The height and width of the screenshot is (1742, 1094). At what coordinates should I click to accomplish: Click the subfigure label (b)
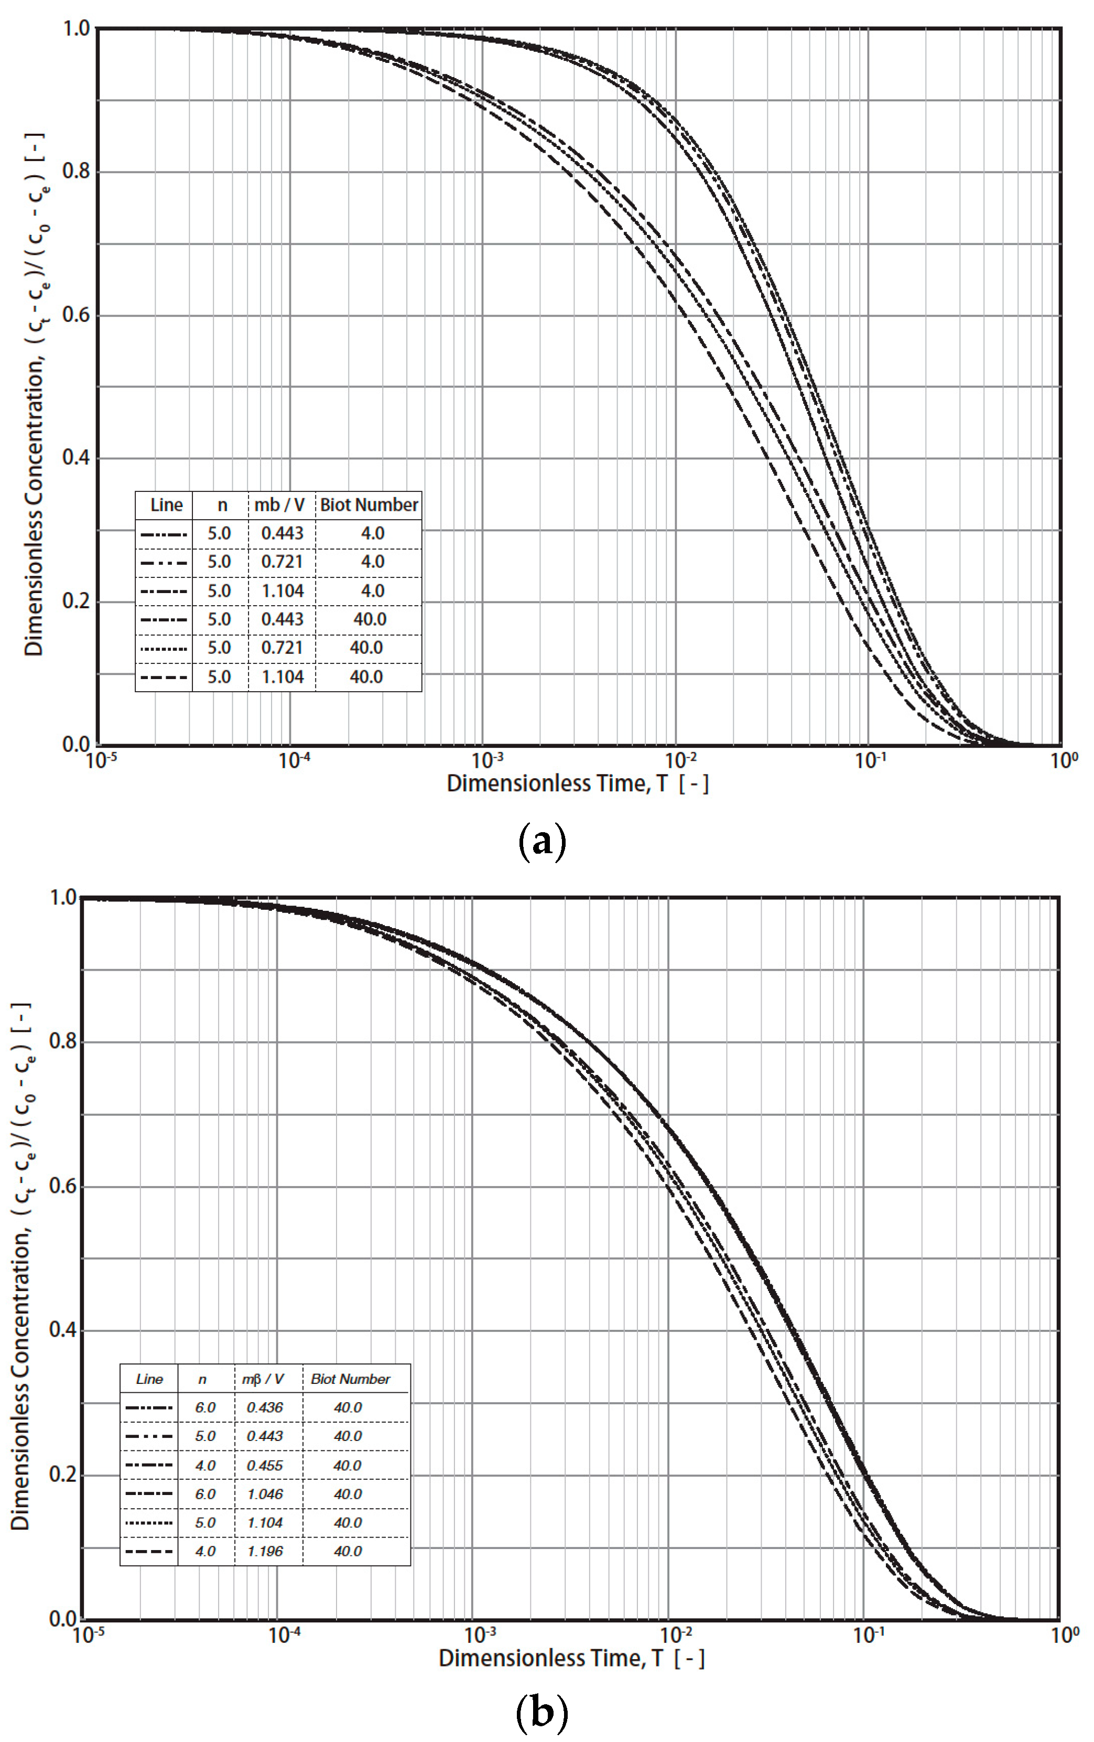point(543,1712)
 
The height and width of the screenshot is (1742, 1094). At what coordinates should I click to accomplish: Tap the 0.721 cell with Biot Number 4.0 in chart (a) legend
point(282,562)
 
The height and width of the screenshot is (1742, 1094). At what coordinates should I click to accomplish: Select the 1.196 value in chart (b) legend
point(265,1551)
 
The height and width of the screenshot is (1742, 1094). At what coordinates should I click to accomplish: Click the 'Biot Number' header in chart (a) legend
point(369,505)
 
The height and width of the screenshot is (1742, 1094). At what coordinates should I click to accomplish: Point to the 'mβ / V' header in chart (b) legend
point(263,1379)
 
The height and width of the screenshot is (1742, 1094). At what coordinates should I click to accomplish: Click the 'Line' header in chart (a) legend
point(166,505)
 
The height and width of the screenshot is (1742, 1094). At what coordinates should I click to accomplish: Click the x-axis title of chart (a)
point(577,783)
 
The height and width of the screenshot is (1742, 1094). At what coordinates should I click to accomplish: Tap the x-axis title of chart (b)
point(571,1658)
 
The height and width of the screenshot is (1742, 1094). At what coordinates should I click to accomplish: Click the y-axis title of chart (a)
point(35,394)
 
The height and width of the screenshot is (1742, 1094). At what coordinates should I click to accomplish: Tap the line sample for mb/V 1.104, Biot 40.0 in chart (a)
point(164,677)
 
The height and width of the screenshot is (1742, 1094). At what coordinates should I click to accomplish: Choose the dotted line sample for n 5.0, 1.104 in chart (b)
point(149,1523)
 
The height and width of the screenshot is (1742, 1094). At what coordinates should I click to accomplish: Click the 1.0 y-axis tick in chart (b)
point(62,898)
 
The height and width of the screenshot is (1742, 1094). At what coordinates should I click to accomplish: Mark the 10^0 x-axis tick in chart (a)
point(1064,761)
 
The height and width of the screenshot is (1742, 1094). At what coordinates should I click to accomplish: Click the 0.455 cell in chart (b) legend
point(265,1465)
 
